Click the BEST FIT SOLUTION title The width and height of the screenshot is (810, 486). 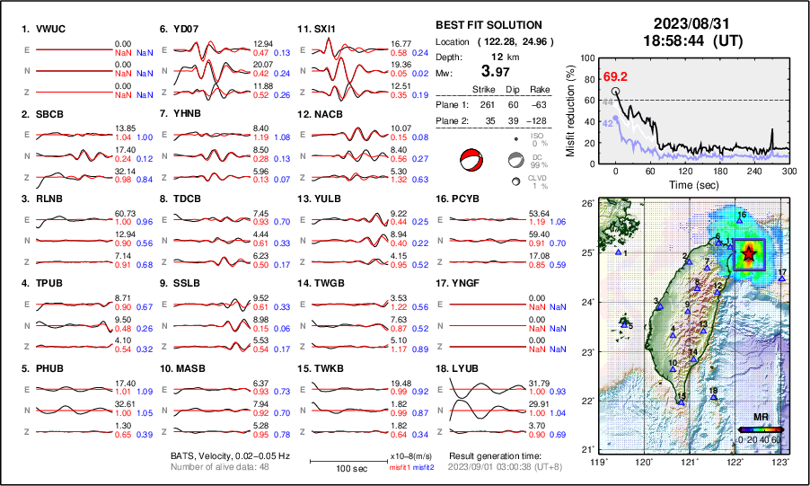(489, 25)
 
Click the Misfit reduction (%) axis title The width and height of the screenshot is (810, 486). (571, 110)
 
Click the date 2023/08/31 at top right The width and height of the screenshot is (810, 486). (684, 23)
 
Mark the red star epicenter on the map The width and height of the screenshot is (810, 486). (750, 255)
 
